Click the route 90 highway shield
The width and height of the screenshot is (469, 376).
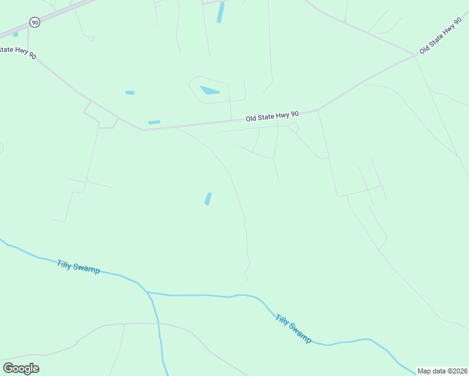pyautogui.click(x=34, y=23)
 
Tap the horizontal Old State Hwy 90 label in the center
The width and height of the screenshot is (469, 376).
pyautogui.click(x=272, y=117)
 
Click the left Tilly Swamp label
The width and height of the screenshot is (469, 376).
pyautogui.click(x=78, y=266)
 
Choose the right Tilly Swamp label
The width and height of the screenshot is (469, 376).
pyautogui.click(x=293, y=328)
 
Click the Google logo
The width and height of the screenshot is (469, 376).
pyautogui.click(x=21, y=368)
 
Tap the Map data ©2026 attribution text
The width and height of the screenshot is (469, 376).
pyautogui.click(x=442, y=371)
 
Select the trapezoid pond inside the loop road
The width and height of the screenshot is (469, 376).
pyautogui.click(x=209, y=90)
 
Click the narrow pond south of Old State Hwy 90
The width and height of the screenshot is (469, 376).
pyautogui.click(x=208, y=199)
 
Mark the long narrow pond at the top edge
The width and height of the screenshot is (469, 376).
pyautogui.click(x=221, y=12)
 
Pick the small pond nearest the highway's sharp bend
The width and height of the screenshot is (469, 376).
pyautogui.click(x=154, y=122)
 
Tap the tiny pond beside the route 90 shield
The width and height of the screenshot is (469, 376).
pyautogui.click(x=16, y=34)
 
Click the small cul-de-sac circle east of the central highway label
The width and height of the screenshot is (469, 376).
pyautogui.click(x=293, y=127)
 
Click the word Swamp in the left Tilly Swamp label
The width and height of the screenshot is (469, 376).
pyautogui.click(x=87, y=268)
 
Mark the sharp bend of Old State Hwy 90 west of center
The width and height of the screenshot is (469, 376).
pyautogui.click(x=144, y=130)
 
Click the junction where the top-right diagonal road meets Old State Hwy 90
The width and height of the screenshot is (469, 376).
pyautogui.click(x=414, y=55)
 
